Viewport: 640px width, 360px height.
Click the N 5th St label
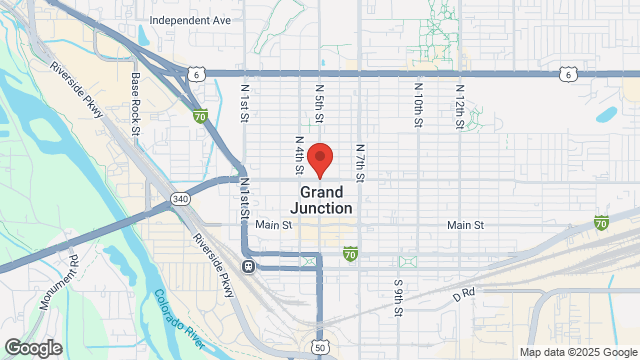[319, 102]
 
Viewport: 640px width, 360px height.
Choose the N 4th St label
[299, 153]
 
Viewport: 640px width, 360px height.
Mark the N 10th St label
[418, 97]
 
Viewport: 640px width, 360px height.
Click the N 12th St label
[460, 97]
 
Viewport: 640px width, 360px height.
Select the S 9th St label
[398, 296]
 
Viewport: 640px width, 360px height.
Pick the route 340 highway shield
[180, 200]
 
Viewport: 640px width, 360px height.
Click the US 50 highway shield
[319, 346]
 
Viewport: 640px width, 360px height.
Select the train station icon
[247, 267]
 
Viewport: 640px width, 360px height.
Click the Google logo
[32, 347]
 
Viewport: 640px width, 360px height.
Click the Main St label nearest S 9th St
[466, 226]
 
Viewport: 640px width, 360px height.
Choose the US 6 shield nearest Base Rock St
[198, 73]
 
